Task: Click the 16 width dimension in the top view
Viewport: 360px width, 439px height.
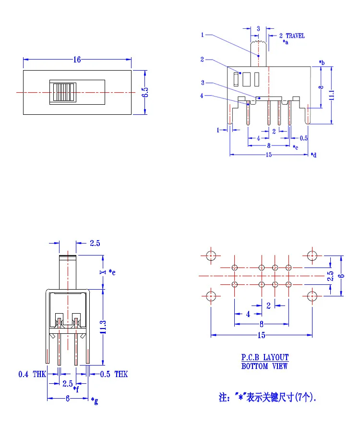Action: click(x=77, y=60)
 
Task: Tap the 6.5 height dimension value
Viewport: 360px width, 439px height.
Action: click(x=145, y=92)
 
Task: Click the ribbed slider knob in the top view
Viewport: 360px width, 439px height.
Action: click(x=64, y=92)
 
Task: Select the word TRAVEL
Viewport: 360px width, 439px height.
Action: click(x=295, y=36)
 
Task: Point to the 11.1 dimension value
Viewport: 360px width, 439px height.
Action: click(x=331, y=95)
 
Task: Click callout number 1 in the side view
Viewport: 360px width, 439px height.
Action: click(x=202, y=35)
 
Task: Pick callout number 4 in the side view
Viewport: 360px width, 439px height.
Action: click(x=202, y=96)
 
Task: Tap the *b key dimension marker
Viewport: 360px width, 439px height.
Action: click(x=322, y=62)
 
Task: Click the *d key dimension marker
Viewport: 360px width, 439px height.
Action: click(x=313, y=155)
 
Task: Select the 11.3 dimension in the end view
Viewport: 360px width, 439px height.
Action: click(x=103, y=327)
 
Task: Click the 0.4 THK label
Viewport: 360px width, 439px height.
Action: click(x=32, y=374)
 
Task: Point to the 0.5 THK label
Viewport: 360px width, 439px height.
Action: click(x=114, y=374)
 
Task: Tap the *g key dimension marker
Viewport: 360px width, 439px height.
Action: click(x=95, y=401)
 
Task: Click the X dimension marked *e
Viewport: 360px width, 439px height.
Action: click(x=103, y=272)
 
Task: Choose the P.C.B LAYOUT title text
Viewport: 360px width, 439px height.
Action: click(x=265, y=357)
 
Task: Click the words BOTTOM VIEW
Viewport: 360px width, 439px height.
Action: click(x=264, y=366)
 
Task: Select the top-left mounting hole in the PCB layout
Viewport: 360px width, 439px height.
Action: click(x=211, y=256)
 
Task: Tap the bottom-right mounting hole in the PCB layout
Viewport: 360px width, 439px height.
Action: click(x=312, y=296)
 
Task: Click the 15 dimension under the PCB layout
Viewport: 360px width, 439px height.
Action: click(x=261, y=335)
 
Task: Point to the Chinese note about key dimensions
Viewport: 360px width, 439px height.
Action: click(x=267, y=397)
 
